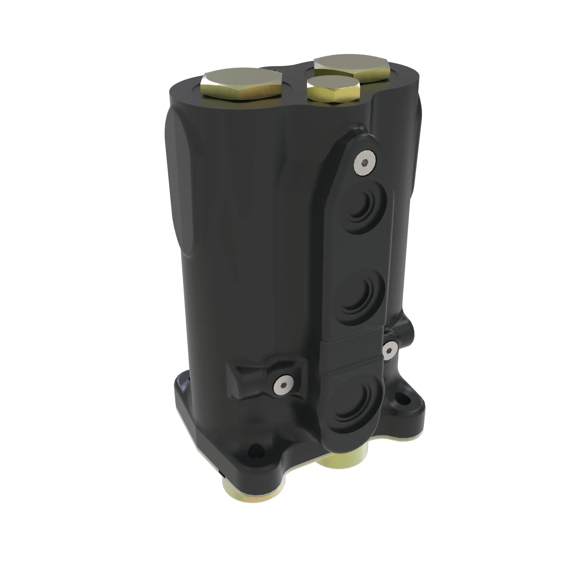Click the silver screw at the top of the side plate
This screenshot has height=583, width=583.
[x=366, y=163]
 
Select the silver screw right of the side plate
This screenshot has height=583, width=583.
[x=389, y=351]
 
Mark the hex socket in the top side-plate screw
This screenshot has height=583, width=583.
[x=366, y=163]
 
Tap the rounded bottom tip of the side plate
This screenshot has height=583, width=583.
[x=335, y=444]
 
